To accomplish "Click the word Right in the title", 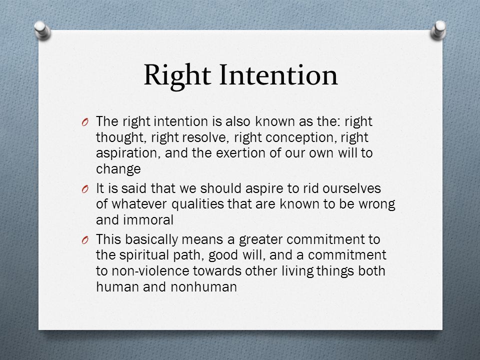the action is click(177, 75).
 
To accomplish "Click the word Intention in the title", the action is click(278, 74).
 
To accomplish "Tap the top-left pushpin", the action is click(42, 30).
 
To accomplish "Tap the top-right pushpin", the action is click(438, 30).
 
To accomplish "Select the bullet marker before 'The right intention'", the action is click(85, 122).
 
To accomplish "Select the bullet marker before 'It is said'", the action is click(85, 189).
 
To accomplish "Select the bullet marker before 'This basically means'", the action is click(85, 240).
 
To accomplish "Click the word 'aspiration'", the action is click(128, 153).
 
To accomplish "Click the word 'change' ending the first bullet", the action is click(118, 169).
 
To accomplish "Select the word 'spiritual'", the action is click(144, 255).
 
